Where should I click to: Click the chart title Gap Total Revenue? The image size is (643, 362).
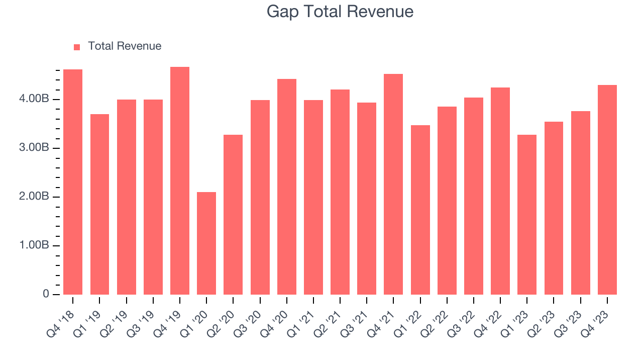340,12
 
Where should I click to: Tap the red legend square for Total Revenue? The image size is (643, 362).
77,47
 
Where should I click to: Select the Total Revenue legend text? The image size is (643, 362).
125,46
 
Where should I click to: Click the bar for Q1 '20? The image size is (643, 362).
206,243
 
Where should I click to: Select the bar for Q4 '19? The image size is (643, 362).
180,181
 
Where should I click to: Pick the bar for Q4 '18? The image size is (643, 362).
73,182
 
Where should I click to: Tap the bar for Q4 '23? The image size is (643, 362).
607,190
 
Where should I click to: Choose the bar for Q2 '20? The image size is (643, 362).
233,215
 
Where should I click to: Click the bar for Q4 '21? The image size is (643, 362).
393,185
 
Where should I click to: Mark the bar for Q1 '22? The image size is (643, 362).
420,210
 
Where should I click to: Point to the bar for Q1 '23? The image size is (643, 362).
527,215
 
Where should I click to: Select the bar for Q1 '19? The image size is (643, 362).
99,205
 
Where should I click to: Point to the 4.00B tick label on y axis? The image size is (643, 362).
35,99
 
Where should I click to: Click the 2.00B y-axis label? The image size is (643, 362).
35,197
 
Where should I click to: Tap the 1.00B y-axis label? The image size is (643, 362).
35,245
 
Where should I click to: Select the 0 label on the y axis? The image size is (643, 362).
46,294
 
